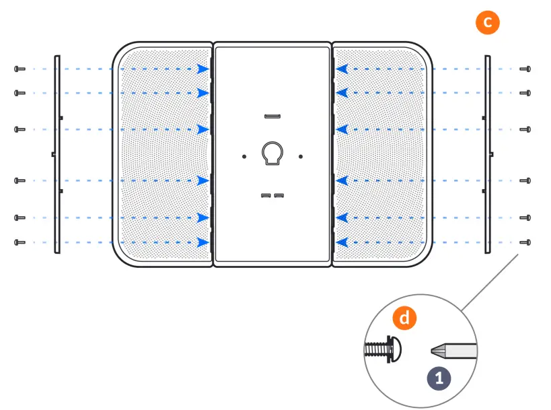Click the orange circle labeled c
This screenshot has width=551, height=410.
coord(487,22)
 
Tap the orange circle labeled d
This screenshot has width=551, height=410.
coord(404,318)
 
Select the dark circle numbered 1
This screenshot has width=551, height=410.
coord(439,378)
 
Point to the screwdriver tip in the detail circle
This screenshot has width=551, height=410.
coord(436,350)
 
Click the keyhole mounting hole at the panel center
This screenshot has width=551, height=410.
coord(272,153)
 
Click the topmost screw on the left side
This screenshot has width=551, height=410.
coord(20,69)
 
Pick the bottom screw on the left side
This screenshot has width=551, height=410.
coord(20,242)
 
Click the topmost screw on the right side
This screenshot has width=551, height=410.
coord(525,69)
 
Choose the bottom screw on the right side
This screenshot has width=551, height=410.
coord(525,242)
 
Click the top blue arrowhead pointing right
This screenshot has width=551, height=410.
coord(203,69)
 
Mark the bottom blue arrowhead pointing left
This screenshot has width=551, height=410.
coord(342,242)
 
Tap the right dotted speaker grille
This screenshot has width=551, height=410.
coord(379,155)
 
